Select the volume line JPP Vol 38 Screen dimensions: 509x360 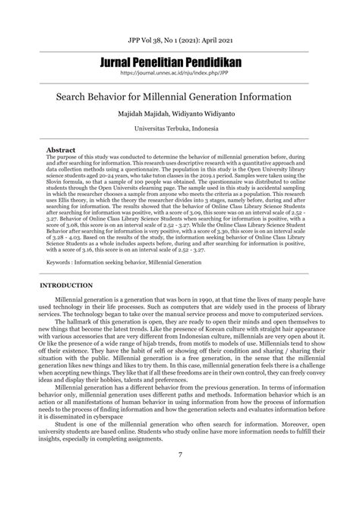(180, 36)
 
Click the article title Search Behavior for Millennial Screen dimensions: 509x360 (180, 98)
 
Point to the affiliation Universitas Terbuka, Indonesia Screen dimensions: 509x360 (180, 130)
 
